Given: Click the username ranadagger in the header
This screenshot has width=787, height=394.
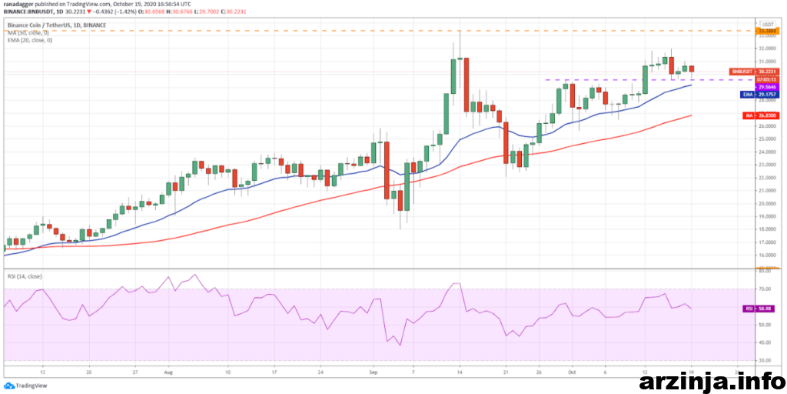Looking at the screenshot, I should pos(18,4).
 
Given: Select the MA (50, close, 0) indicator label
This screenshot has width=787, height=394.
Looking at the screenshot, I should pos(28,32).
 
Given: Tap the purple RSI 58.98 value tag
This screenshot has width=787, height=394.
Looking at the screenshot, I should pos(759,309).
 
